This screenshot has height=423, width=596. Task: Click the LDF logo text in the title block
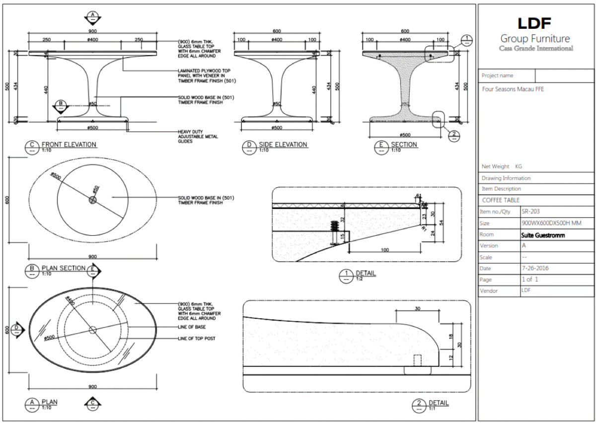[534, 23]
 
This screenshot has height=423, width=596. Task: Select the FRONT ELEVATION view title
[69, 144]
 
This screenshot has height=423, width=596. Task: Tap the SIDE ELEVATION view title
[283, 144]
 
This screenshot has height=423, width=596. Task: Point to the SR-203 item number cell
[530, 211]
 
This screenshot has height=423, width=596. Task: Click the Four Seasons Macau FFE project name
[513, 90]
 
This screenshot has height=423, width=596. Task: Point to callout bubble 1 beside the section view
[467, 41]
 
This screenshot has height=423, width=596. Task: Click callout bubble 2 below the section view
[453, 134]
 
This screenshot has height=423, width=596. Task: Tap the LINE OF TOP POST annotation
[199, 338]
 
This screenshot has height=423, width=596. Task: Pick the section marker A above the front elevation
[92, 17]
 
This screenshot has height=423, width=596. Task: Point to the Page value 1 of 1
[530, 280]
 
